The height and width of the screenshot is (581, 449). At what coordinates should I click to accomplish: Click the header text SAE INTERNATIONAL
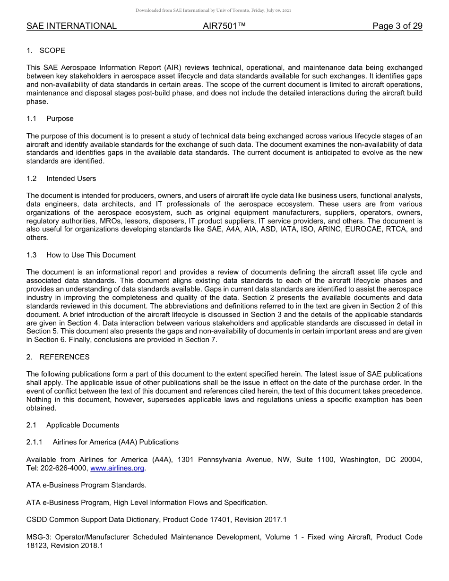(x=71, y=26)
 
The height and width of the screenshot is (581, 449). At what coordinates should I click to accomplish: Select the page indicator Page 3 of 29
(x=397, y=26)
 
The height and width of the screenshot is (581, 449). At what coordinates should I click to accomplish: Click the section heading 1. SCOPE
(x=46, y=51)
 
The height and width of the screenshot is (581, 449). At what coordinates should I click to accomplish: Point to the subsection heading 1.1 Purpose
(x=50, y=119)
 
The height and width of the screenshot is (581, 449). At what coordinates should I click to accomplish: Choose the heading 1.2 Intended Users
(x=61, y=179)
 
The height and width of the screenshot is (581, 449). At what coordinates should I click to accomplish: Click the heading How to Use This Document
(x=91, y=255)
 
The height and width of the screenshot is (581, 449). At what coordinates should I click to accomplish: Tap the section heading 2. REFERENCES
(x=58, y=357)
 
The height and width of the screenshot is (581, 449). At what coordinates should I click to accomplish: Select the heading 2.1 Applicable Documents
(x=73, y=425)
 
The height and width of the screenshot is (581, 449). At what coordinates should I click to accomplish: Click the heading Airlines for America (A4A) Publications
(x=115, y=442)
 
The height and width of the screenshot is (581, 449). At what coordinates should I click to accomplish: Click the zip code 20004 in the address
(x=410, y=460)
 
